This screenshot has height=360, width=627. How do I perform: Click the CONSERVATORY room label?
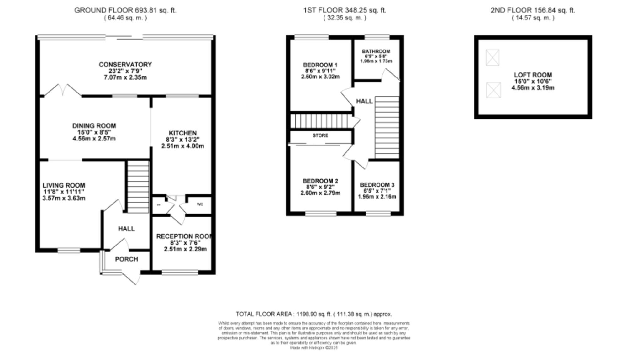[x=125, y=65]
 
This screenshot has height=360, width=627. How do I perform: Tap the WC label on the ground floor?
[x=200, y=204]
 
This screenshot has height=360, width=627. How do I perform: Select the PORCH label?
[x=126, y=259]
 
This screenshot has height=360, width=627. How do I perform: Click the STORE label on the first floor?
[x=320, y=135]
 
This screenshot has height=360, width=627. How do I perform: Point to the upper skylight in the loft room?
[x=492, y=58]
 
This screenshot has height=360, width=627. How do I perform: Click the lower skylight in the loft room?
[x=493, y=90]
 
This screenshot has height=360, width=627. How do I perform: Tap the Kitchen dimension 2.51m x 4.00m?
[x=183, y=146]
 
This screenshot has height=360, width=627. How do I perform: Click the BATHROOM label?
[x=376, y=51]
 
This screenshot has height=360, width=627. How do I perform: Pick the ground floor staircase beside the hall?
[x=138, y=187]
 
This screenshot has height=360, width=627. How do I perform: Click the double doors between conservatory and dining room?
[x=63, y=90]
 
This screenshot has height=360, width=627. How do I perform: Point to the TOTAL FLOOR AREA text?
[x=313, y=314]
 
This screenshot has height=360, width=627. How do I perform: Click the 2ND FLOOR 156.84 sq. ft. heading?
[x=533, y=10]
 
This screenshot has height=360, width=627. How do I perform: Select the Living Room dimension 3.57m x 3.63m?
[x=64, y=198]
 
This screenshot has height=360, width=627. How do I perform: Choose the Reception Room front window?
[x=180, y=272]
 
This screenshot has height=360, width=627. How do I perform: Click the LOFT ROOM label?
[x=533, y=75]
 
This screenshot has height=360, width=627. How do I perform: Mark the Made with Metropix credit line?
[x=313, y=348]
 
